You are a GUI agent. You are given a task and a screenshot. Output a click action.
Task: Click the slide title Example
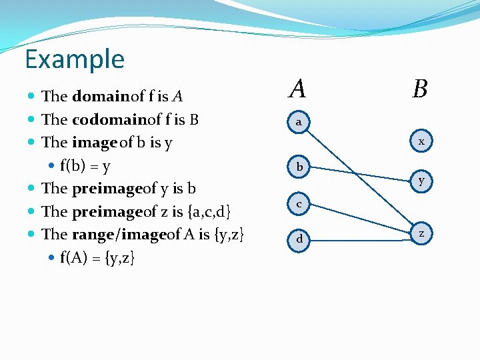tap(75, 59)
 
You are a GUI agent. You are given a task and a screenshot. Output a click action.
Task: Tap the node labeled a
tap(299, 122)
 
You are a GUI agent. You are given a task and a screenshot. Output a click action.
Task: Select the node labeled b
tap(299, 167)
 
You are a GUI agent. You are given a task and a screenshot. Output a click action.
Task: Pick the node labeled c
tap(299, 203)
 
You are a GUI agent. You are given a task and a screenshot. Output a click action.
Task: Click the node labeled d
tap(299, 238)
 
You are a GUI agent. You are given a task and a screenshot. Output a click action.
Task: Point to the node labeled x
tap(421, 141)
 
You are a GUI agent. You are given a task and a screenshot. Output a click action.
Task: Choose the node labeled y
tap(421, 181)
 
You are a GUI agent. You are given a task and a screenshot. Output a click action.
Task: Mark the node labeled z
tap(421, 233)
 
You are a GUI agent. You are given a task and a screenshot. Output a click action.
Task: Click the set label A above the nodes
tap(298, 88)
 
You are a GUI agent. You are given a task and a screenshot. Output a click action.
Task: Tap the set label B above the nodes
tap(419, 88)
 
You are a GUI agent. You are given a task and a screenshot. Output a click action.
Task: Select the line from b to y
tap(360, 173)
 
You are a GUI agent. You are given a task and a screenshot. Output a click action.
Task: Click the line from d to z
tap(360, 235)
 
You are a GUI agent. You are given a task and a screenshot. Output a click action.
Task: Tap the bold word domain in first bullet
tap(101, 96)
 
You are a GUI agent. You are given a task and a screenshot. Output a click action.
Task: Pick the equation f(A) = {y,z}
tap(97, 257)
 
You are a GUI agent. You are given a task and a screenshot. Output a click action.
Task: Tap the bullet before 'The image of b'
tap(33, 143)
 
